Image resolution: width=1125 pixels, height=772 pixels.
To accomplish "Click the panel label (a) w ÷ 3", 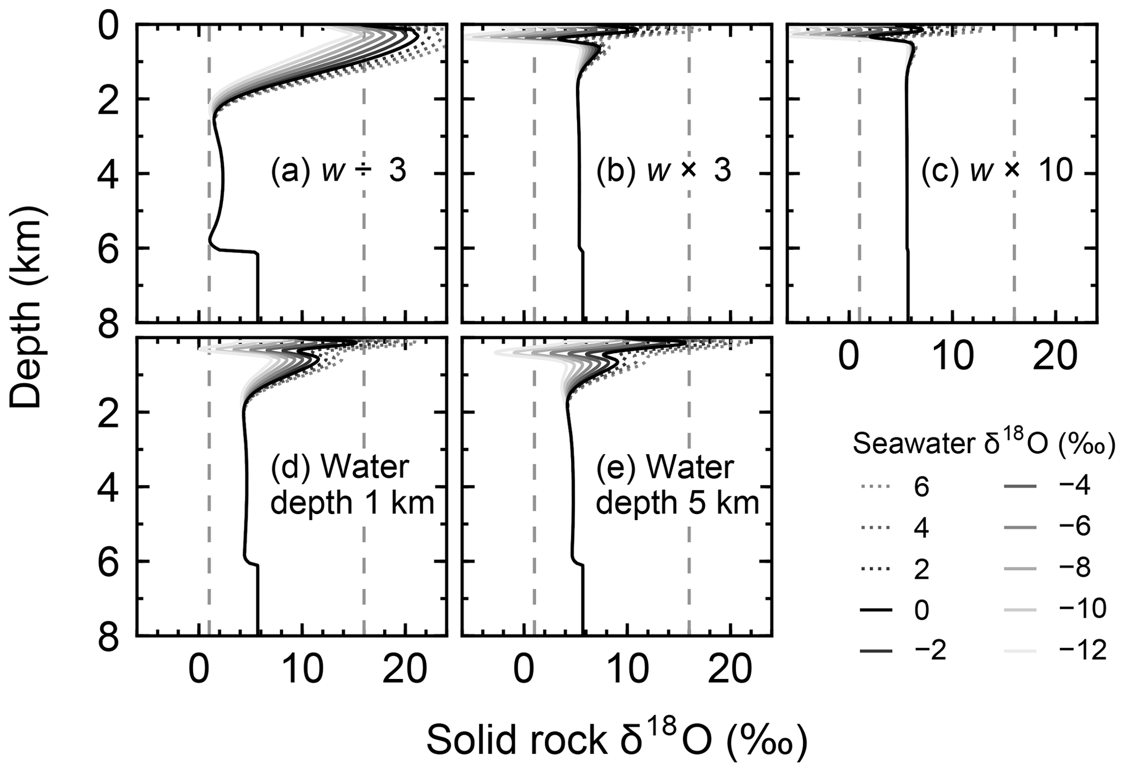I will (338, 172).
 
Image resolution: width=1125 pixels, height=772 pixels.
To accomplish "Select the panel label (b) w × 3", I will (663, 172).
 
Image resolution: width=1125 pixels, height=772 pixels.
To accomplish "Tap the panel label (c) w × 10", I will (997, 172).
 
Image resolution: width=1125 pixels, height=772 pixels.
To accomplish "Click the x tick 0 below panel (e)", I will (524, 672).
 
